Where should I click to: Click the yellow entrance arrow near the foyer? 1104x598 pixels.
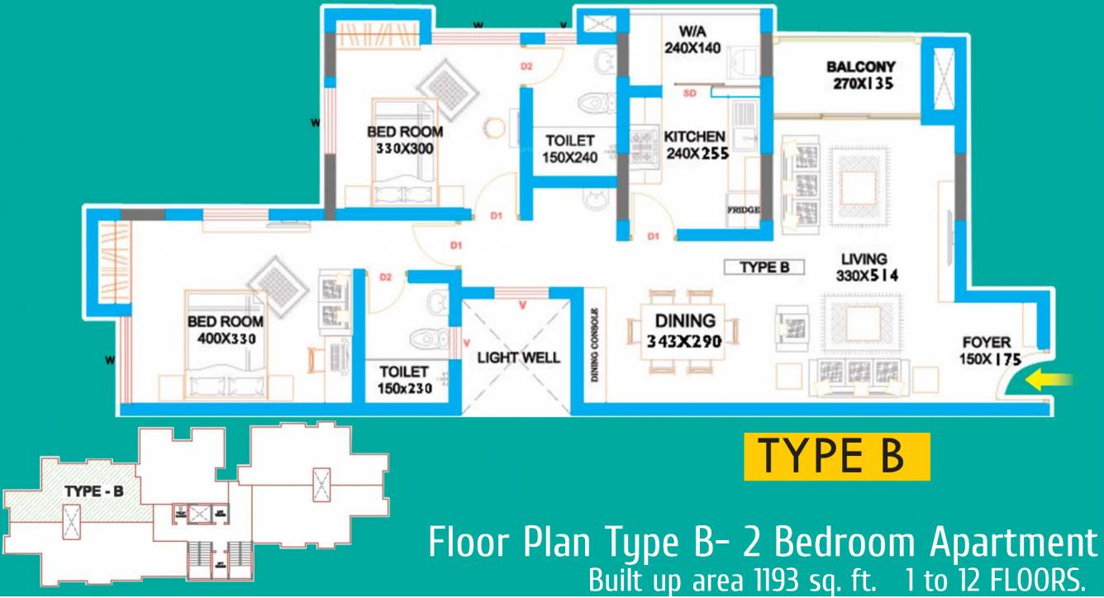[x=1049, y=380]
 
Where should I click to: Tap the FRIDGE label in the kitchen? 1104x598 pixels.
[x=743, y=210]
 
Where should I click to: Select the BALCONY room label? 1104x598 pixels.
[x=860, y=66]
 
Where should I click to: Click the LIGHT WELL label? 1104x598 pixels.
[x=518, y=358]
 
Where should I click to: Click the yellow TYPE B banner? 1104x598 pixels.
[x=836, y=457]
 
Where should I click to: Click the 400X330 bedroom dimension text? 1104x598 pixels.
[x=225, y=338]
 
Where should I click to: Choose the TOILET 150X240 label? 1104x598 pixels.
[x=569, y=149]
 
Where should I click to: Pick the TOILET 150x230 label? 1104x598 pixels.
[x=404, y=381]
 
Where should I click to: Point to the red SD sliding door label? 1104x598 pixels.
[x=691, y=94]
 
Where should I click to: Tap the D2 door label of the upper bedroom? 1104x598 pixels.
[x=526, y=66]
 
